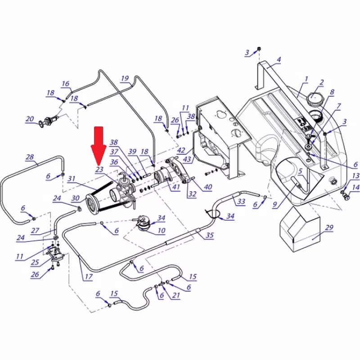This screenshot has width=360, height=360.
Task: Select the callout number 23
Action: pyautogui.click(x=99, y=170)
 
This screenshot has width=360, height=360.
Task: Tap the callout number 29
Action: pyautogui.click(x=329, y=228)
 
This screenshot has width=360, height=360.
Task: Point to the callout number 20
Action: pyautogui.click(x=30, y=119)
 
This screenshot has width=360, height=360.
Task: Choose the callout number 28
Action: pyautogui.click(x=30, y=157)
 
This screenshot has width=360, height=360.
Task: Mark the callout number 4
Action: pyautogui.click(x=279, y=60)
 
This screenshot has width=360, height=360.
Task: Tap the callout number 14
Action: pyautogui.click(x=355, y=188)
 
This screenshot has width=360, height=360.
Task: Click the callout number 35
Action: pyautogui.click(x=209, y=235)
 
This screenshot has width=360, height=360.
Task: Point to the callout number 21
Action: pyautogui.click(x=176, y=295)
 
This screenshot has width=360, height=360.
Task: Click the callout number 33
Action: pyautogui.click(x=241, y=202)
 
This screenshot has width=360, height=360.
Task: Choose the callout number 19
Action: pyautogui.click(x=125, y=78)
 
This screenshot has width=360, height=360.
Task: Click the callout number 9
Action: pyautogui.click(x=274, y=204)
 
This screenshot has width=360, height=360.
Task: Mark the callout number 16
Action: pyautogui.click(x=66, y=84)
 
